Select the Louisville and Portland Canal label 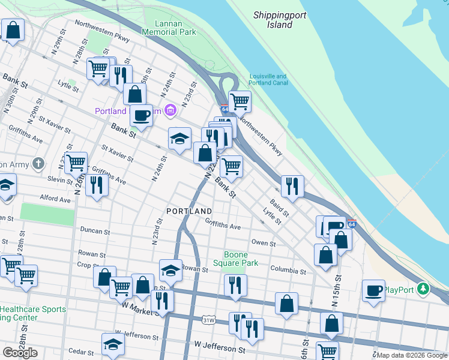(x=268, y=79)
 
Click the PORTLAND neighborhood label (x=189, y=211)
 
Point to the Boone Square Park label (x=235, y=259)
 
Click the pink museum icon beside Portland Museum (x=171, y=110)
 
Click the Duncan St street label (x=95, y=231)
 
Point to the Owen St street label (x=263, y=244)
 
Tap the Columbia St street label (x=288, y=271)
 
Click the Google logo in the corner (x=20, y=353)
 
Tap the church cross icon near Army (x=38, y=163)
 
